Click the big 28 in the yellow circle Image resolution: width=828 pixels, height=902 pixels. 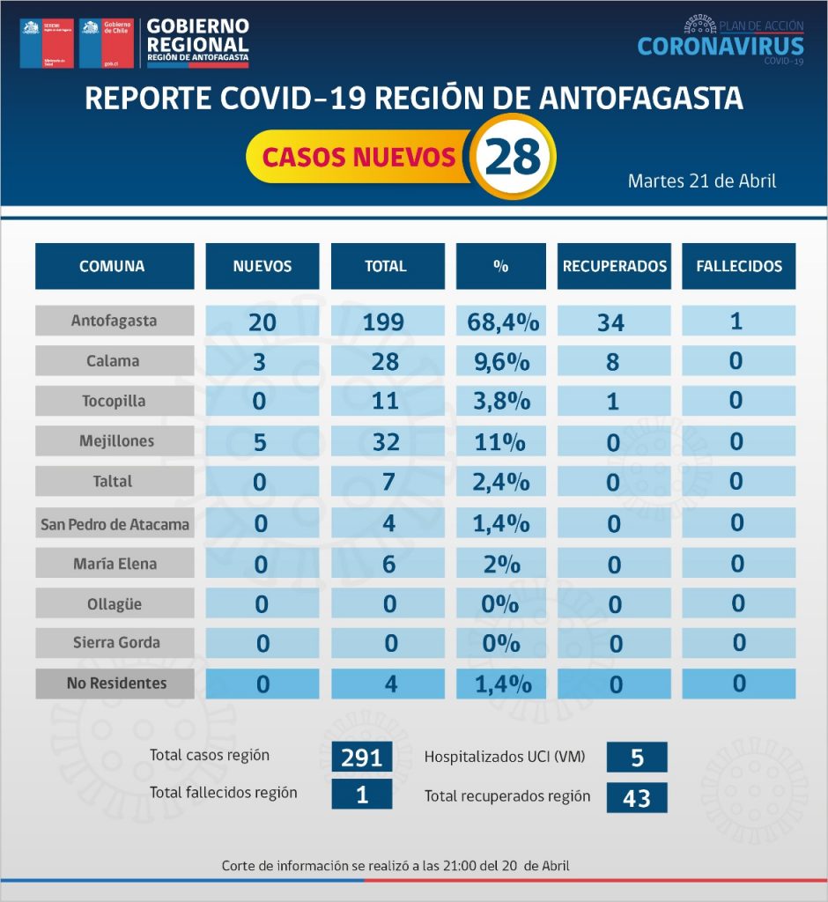513,158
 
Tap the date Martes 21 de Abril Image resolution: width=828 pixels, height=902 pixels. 701,181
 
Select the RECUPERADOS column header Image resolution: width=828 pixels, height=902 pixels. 614,266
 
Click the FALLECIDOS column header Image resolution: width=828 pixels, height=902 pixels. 738,266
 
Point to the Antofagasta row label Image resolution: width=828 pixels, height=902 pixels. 115,321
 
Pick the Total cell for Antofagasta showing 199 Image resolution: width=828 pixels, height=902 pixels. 385,322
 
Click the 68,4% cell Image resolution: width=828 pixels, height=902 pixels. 502,322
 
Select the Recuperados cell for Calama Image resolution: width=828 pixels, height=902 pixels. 614,361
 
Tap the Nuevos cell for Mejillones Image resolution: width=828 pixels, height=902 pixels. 262,442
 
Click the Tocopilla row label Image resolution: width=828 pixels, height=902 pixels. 115,401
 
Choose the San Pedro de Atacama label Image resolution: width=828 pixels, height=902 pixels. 115,524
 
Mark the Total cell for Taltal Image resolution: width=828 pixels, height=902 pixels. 385,483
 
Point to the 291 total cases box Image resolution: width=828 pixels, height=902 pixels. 361,757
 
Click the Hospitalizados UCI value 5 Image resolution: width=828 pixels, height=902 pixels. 636,757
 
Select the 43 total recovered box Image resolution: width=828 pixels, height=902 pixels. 636,797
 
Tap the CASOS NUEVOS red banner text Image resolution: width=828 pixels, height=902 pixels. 359,158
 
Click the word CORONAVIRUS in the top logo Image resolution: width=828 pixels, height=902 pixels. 720,46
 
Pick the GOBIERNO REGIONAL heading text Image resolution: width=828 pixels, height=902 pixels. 196,35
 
